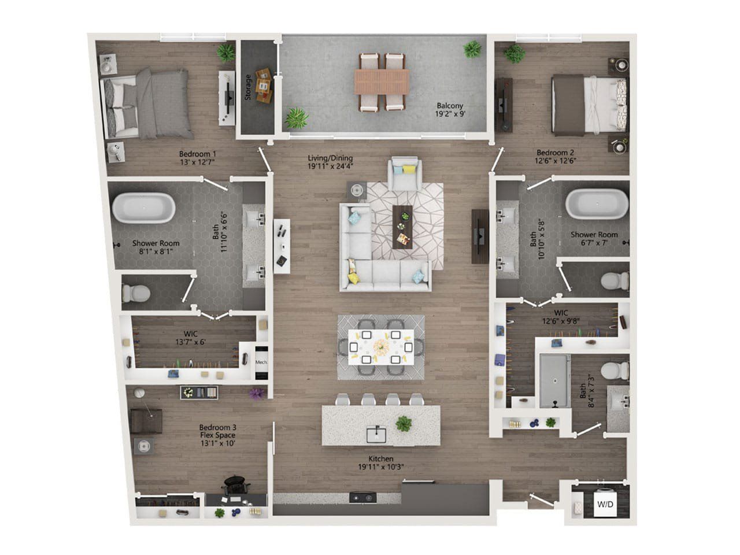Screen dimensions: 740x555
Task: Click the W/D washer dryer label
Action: click(605, 505)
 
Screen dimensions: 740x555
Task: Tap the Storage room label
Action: click(248, 87)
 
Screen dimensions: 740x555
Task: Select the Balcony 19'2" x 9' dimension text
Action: click(450, 110)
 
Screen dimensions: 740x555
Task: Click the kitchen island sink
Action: click(376, 435)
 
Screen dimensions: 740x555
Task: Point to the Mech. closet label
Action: click(261, 362)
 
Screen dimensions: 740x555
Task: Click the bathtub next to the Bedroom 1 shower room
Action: click(143, 208)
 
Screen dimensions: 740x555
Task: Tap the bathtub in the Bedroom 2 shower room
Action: click(597, 204)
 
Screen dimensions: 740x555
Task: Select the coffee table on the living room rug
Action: click(402, 227)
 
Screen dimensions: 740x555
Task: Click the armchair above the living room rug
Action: click(405, 174)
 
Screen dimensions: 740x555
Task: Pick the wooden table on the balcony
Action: click(382, 82)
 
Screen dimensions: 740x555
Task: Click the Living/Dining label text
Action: click(330, 158)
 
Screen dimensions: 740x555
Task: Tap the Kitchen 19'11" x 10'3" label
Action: click(381, 462)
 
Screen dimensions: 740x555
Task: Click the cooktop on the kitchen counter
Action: click(362, 497)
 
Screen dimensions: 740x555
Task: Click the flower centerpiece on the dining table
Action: click(381, 347)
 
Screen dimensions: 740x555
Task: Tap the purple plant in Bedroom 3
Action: click(257, 393)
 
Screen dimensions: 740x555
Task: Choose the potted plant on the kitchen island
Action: click(404, 423)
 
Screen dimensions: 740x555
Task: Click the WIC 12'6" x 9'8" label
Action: click(561, 317)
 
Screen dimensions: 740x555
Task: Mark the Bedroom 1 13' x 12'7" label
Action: click(197, 158)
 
